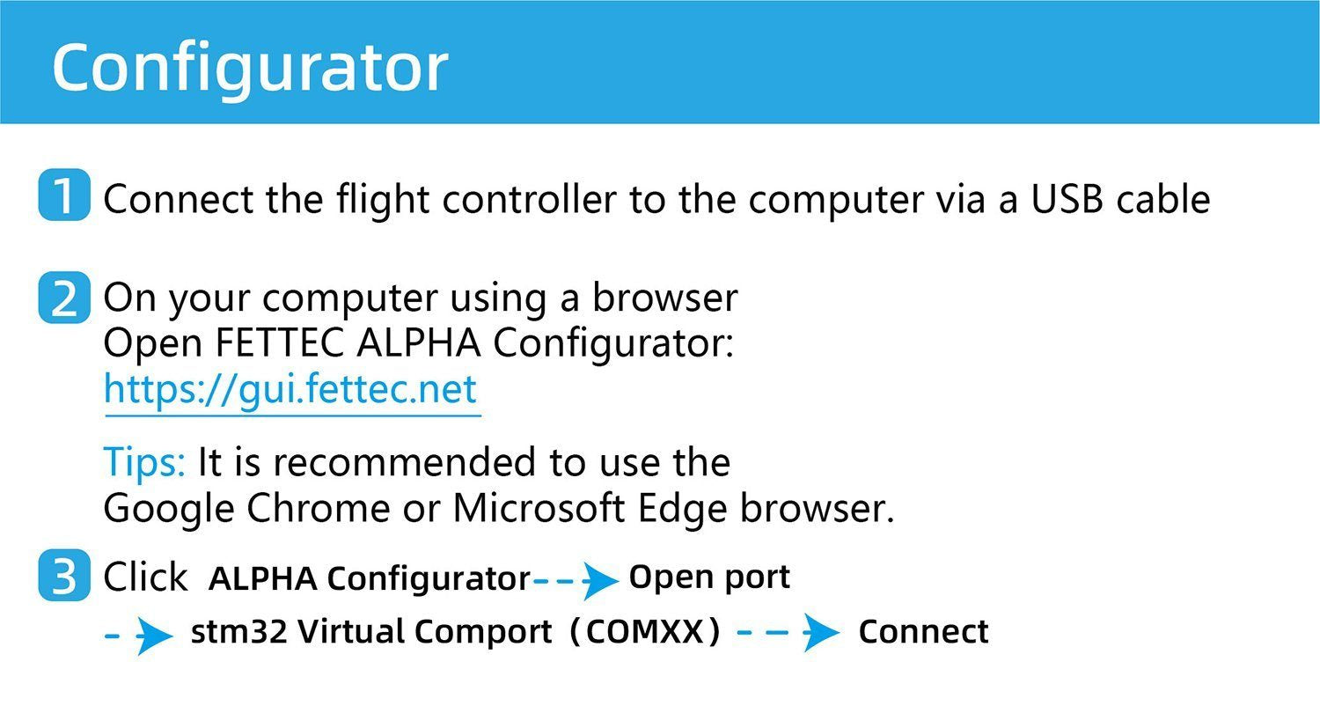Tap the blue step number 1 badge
(x=64, y=195)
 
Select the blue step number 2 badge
(x=64, y=299)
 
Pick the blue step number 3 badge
(x=64, y=577)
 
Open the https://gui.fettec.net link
(x=290, y=389)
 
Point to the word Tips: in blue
(x=144, y=462)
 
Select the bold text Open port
(x=709, y=577)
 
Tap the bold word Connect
(x=923, y=632)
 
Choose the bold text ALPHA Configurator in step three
(x=370, y=578)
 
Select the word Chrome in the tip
(x=318, y=509)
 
